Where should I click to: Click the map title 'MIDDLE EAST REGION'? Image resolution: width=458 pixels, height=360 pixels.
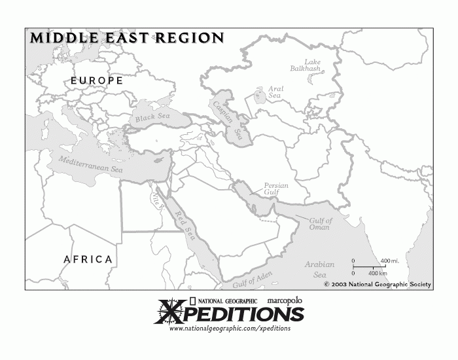click(x=127, y=38)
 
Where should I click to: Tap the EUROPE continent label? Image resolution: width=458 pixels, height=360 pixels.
click(x=97, y=81)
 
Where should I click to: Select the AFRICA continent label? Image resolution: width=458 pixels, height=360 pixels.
click(x=88, y=259)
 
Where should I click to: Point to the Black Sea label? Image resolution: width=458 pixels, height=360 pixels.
click(x=152, y=118)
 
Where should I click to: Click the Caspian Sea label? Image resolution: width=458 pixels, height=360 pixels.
click(x=226, y=120)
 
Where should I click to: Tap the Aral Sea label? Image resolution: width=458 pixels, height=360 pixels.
click(x=275, y=92)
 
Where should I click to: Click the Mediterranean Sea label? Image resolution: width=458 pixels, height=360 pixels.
click(x=90, y=164)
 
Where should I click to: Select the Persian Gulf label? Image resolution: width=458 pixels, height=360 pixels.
click(x=275, y=189)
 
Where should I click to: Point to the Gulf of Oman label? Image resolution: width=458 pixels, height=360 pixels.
click(x=320, y=224)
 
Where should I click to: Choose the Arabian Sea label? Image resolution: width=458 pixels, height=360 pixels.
click(x=319, y=270)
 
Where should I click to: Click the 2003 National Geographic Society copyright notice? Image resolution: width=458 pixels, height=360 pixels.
click(x=378, y=285)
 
